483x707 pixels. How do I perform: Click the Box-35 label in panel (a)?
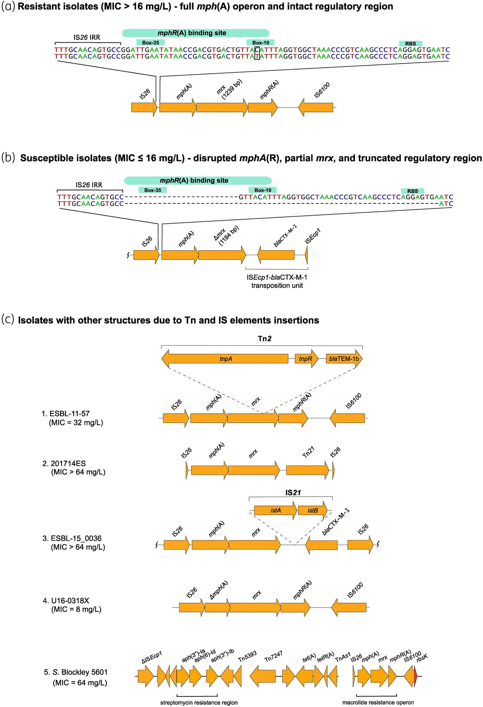tap(151, 43)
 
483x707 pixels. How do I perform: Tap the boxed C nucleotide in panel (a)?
tap(257, 49)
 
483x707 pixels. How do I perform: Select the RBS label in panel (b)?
tap(413, 191)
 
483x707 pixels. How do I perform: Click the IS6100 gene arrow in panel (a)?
tap(316, 107)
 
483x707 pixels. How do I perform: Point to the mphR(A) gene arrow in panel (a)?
tap(263, 107)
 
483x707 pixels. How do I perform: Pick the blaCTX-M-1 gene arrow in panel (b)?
tap(276, 255)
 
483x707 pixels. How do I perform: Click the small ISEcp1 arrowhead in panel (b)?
tap(306, 255)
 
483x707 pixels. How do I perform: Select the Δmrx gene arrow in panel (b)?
tap(222, 255)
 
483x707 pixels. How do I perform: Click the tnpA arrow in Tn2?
tap(225, 359)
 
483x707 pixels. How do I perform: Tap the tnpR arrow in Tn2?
tap(306, 359)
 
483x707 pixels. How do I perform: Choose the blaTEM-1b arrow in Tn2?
tap(344, 359)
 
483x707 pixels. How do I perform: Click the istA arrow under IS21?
tap(276, 511)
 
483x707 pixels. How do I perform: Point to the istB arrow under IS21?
tap(312, 511)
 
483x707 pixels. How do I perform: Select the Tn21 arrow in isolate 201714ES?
tap(308, 470)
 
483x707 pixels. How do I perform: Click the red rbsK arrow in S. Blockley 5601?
tap(416, 676)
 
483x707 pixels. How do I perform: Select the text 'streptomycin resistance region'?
tap(199, 703)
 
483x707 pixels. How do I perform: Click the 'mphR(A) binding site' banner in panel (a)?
tap(196, 33)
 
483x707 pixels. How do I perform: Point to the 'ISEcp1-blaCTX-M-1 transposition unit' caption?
tap(277, 281)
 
